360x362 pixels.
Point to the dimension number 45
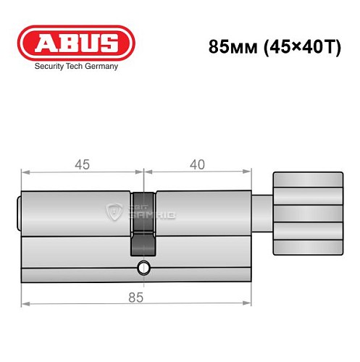81,164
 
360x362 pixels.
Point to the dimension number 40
196,164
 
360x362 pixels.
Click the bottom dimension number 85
135,297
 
